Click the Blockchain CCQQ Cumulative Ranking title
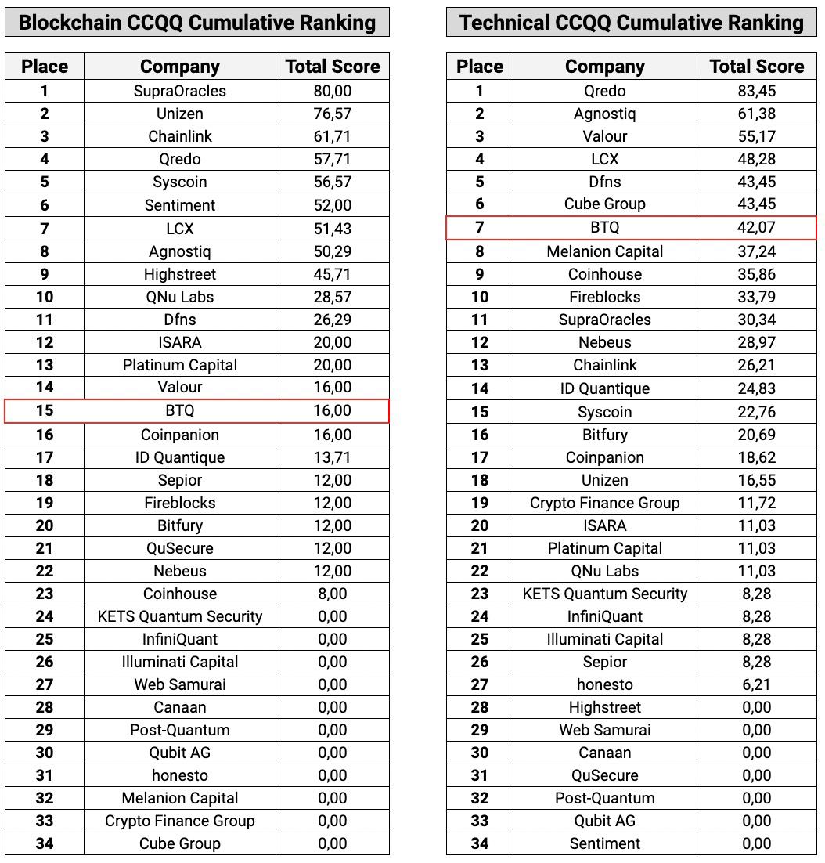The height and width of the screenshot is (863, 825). (x=196, y=22)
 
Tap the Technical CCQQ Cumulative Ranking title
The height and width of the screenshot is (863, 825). (x=631, y=22)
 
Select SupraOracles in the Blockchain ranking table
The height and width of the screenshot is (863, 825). (x=179, y=91)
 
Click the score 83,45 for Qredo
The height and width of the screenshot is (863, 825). (x=756, y=91)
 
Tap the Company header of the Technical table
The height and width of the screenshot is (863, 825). (x=604, y=67)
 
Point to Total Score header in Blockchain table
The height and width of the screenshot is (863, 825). (x=332, y=67)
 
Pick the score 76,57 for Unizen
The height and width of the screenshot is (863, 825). (x=332, y=114)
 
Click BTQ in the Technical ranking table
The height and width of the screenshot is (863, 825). (x=604, y=228)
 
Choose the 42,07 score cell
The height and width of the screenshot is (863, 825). (x=756, y=228)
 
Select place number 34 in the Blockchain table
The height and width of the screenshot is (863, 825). (x=45, y=843)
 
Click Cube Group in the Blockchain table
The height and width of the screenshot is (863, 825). (x=179, y=843)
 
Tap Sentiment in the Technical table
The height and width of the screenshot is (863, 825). (x=604, y=843)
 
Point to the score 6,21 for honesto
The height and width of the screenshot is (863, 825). (x=756, y=684)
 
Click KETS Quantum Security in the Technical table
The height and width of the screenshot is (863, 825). (x=604, y=594)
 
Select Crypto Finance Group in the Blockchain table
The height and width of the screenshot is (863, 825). (x=179, y=821)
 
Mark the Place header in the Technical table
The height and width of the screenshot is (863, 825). (x=479, y=67)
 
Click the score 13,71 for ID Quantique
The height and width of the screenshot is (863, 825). (x=332, y=457)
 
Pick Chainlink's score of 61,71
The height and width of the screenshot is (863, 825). (x=332, y=136)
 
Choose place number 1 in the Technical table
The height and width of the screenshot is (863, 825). (x=479, y=91)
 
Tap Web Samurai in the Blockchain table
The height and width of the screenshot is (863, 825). (x=179, y=684)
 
